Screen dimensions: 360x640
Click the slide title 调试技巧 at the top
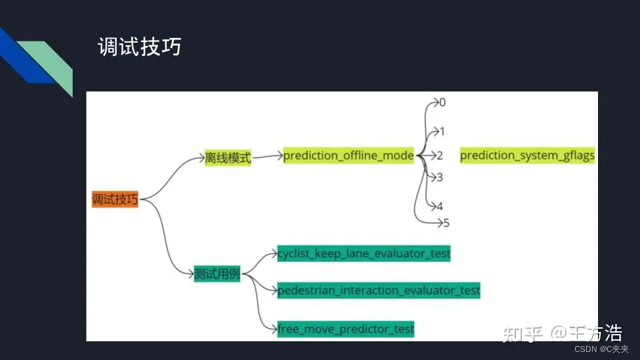pyautogui.click(x=139, y=47)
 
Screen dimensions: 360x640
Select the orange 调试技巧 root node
pyautogui.click(x=115, y=199)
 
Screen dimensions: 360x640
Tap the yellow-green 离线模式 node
pyautogui.click(x=228, y=158)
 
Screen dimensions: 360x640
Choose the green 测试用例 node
pyautogui.click(x=217, y=274)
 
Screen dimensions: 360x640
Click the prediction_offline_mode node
pyautogui.click(x=349, y=155)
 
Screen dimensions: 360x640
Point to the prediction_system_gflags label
pyautogui.click(x=527, y=155)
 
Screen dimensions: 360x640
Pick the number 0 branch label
pyautogui.click(x=442, y=103)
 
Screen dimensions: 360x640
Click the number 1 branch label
pyautogui.click(x=441, y=131)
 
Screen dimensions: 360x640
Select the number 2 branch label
pyautogui.click(x=440, y=156)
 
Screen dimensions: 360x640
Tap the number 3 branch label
pyautogui.click(x=439, y=177)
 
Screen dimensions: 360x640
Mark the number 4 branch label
pyautogui.click(x=439, y=207)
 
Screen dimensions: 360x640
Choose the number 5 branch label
pyautogui.click(x=446, y=223)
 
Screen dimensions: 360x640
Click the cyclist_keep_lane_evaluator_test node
pyautogui.click(x=364, y=253)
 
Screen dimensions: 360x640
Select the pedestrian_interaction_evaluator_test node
pyautogui.click(x=379, y=291)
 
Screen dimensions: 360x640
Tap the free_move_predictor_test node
pyautogui.click(x=345, y=329)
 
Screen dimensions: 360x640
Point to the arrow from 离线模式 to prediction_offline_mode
pyautogui.click(x=267, y=157)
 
